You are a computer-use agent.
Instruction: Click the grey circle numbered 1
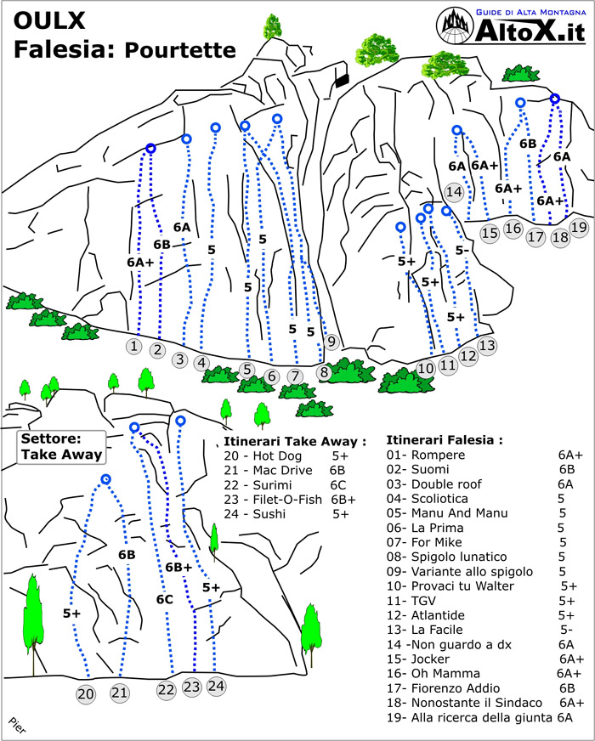134,346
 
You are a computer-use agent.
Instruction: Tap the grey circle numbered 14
454,191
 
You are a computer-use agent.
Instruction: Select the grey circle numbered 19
579,227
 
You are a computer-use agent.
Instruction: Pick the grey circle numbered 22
167,690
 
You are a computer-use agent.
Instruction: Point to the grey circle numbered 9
331,342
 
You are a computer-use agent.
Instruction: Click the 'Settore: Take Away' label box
61,447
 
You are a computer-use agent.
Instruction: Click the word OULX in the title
49,20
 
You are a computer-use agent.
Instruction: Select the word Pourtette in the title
180,49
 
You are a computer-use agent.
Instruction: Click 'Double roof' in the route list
446,484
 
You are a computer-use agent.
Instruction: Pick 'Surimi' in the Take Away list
272,485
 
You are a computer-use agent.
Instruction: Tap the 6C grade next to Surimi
338,485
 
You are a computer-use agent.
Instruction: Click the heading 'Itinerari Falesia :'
445,440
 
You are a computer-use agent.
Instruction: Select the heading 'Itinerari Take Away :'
295,441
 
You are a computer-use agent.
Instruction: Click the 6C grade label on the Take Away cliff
164,599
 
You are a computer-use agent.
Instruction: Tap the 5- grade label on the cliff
462,250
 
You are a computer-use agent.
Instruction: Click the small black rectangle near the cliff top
341,81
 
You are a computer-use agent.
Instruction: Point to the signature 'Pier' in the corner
16,725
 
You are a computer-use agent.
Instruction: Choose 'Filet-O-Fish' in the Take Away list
286,500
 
